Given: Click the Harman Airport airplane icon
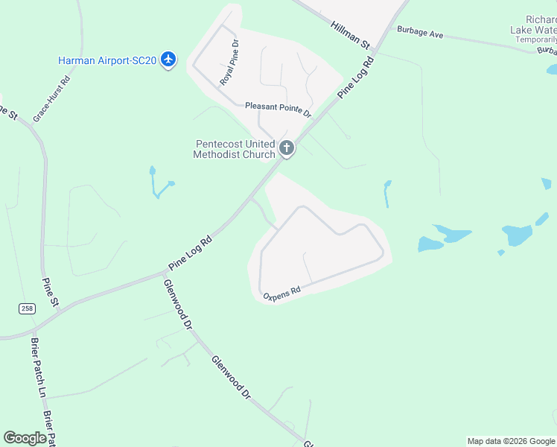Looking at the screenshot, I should (x=168, y=59).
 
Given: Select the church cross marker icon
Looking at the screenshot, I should (x=287, y=148).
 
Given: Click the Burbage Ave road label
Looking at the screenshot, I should (x=420, y=34).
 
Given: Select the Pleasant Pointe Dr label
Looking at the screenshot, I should (x=278, y=109).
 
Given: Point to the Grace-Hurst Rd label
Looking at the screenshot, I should (x=51, y=99).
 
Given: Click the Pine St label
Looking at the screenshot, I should (x=50, y=291).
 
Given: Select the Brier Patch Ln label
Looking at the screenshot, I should (x=37, y=367).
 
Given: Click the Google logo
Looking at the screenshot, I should (x=25, y=438).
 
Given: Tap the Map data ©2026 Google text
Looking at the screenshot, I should (x=511, y=441).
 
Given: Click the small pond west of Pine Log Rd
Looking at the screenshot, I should (x=156, y=185).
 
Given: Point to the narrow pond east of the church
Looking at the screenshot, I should (x=387, y=194).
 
